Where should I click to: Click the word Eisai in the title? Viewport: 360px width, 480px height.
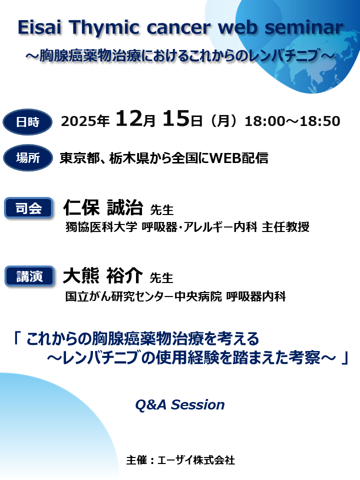coord(39,28)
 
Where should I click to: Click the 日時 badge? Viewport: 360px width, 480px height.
coord(27,121)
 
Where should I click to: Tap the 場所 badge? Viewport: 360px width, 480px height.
coord(27,158)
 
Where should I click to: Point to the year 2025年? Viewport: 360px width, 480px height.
coord(85,121)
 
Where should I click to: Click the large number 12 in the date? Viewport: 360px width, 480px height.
coord(129,119)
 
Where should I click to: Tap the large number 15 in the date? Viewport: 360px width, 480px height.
coord(175,119)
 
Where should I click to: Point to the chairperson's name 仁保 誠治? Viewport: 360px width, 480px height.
coord(103,207)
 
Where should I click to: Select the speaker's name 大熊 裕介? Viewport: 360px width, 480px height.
coord(103,275)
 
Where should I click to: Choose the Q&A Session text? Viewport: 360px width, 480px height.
coord(179,404)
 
